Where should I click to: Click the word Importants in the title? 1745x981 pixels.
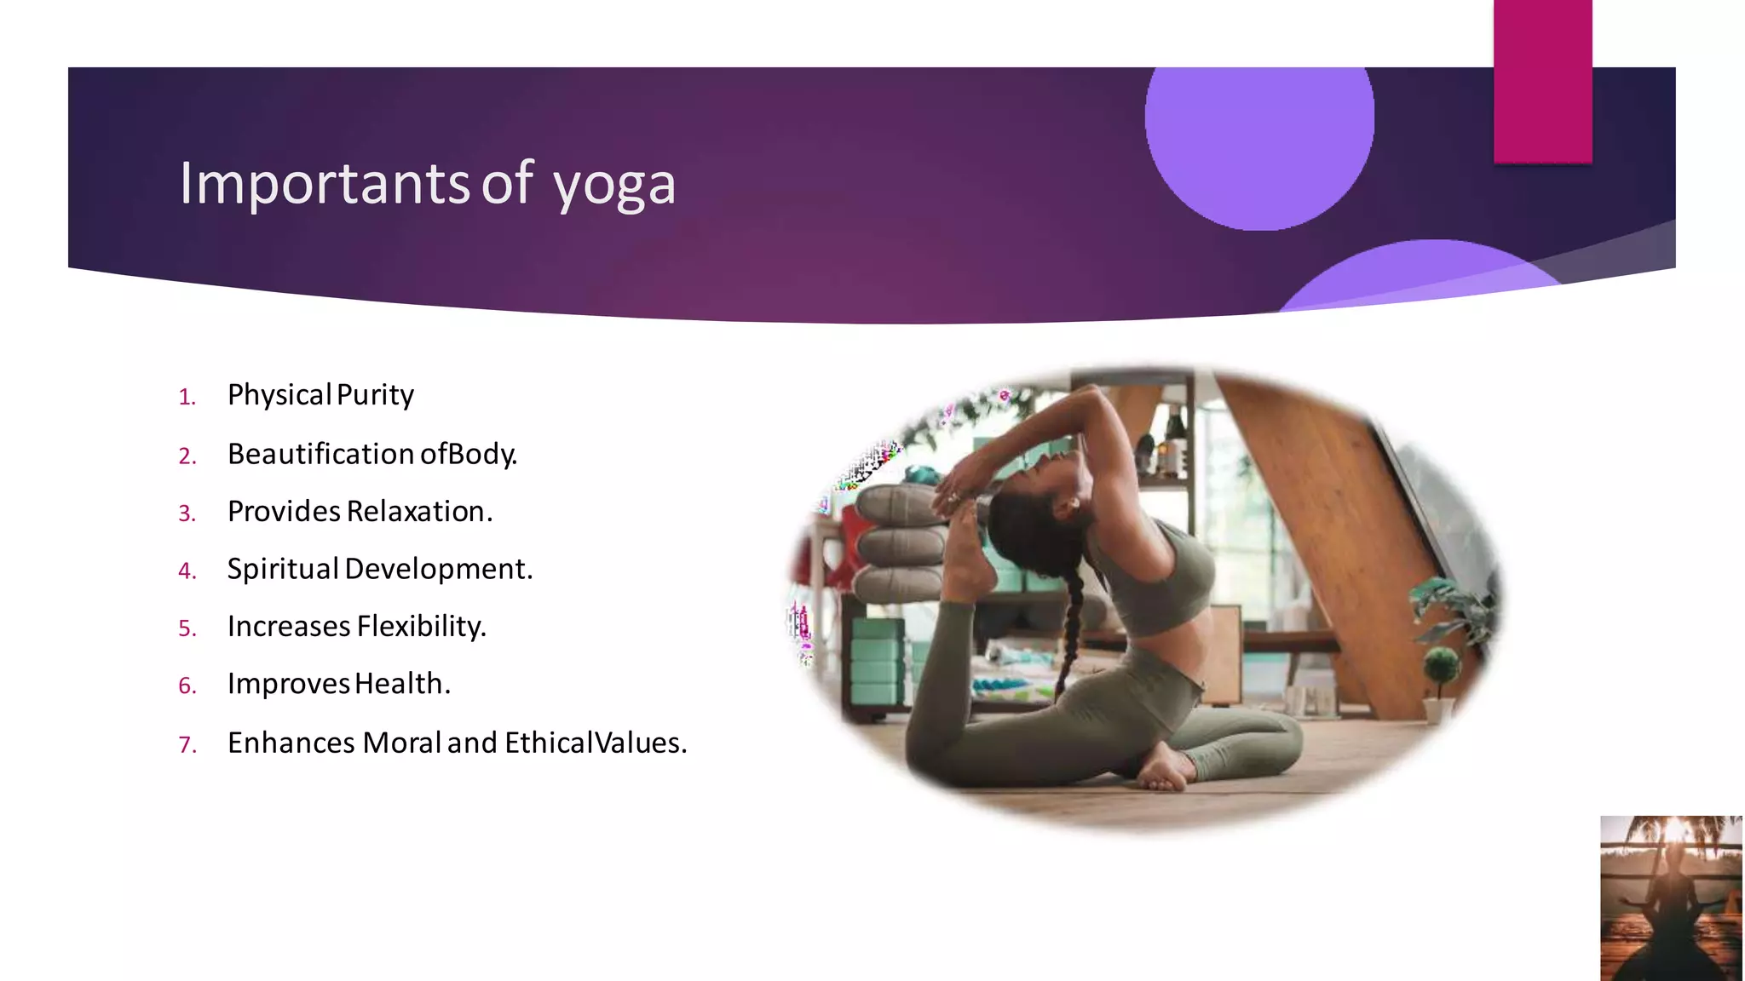point(324,184)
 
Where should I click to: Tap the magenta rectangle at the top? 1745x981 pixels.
point(1542,81)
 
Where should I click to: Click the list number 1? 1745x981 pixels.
point(187,397)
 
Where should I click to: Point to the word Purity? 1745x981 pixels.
point(375,395)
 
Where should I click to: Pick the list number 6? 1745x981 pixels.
point(187,686)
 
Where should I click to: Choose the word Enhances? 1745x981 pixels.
point(291,743)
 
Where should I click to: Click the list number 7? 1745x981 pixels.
point(187,745)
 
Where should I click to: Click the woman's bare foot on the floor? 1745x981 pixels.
point(1164,772)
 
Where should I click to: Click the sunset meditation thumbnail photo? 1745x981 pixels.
point(1671,898)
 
